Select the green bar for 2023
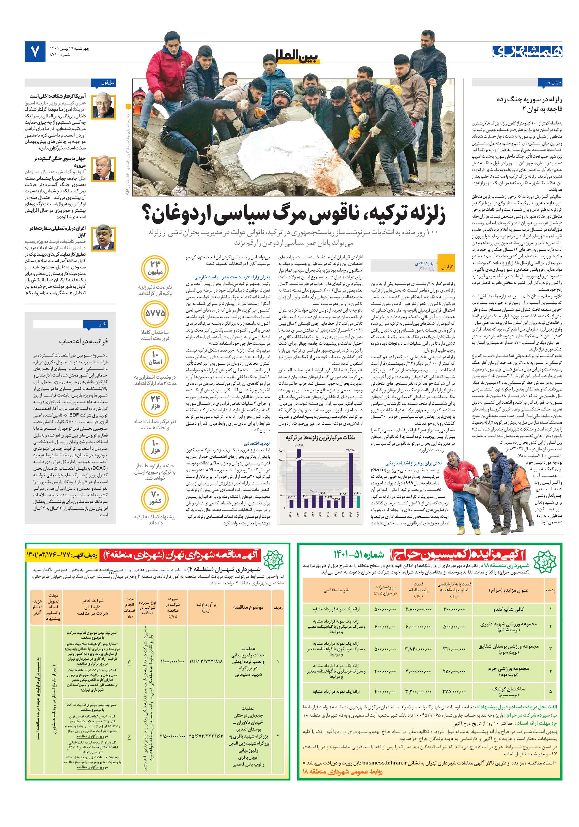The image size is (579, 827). click(x=358, y=500)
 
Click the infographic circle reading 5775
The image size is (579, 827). click(x=155, y=314)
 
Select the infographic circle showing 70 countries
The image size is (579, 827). click(x=155, y=497)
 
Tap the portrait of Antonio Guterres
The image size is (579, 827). click(x=103, y=168)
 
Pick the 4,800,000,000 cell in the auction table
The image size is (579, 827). click(x=418, y=609)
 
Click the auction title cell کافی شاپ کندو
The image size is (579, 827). click(x=508, y=609)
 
